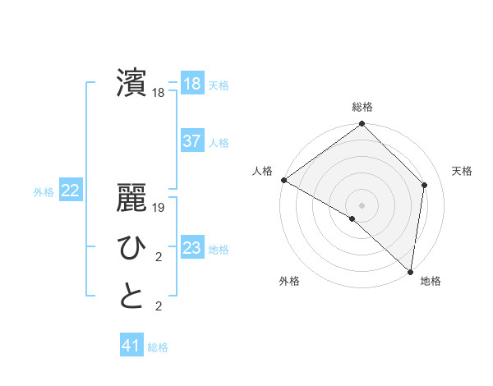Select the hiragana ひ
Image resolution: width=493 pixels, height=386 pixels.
click(131, 246)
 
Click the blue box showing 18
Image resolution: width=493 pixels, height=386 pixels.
click(191, 84)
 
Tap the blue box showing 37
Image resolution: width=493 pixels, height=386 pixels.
click(191, 141)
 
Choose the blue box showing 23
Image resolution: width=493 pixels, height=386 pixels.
click(191, 248)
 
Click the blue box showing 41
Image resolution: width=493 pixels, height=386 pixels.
click(131, 346)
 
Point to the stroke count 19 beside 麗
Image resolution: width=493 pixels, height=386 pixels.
click(159, 208)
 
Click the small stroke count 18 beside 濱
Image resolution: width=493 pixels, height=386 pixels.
click(159, 93)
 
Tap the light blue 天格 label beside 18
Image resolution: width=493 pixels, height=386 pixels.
click(219, 85)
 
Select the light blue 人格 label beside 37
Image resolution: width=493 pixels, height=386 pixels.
click(219, 143)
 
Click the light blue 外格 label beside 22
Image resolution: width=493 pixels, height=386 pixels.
click(44, 192)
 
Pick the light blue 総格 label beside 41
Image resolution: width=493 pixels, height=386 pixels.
click(158, 347)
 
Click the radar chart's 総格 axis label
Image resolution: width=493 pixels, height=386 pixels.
click(362, 107)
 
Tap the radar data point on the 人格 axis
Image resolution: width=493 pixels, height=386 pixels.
click(283, 180)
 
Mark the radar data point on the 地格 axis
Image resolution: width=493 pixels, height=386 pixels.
click(410, 271)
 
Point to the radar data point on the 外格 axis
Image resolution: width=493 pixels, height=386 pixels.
click(352, 218)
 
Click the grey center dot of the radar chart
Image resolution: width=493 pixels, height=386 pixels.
click(362, 204)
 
